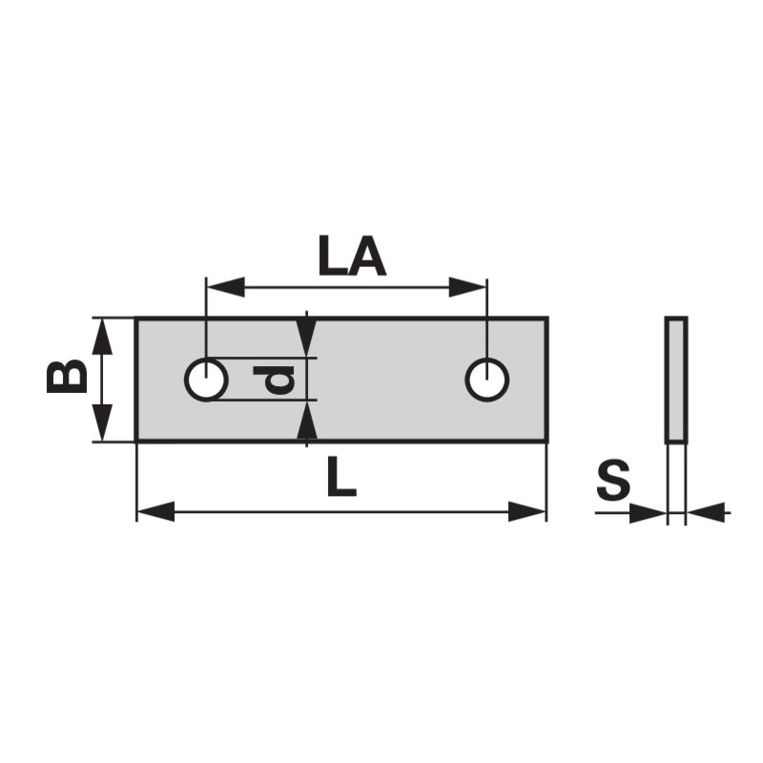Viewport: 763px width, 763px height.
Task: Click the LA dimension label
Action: click(352, 256)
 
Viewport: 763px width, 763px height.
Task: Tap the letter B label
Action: click(67, 377)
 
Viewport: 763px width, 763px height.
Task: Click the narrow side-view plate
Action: click(676, 380)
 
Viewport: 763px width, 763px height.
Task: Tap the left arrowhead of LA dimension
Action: click(225, 287)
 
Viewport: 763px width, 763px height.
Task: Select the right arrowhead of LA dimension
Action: click(467, 287)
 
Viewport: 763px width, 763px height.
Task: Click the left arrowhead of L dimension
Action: click(155, 511)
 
